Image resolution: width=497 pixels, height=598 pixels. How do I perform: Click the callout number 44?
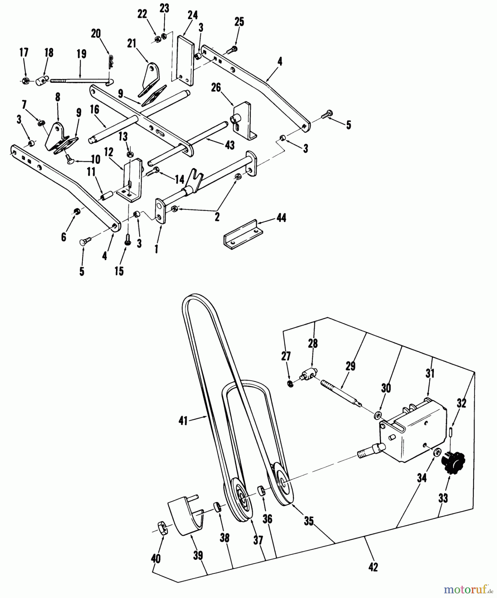281,218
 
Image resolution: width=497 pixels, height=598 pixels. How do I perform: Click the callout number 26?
216,88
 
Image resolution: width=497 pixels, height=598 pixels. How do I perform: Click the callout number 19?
81,54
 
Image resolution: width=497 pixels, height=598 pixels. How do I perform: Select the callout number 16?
95,110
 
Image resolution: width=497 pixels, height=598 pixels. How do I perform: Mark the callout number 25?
239,22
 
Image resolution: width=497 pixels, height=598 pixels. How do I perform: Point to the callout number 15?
119,271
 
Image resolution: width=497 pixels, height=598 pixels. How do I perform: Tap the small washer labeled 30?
377,415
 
